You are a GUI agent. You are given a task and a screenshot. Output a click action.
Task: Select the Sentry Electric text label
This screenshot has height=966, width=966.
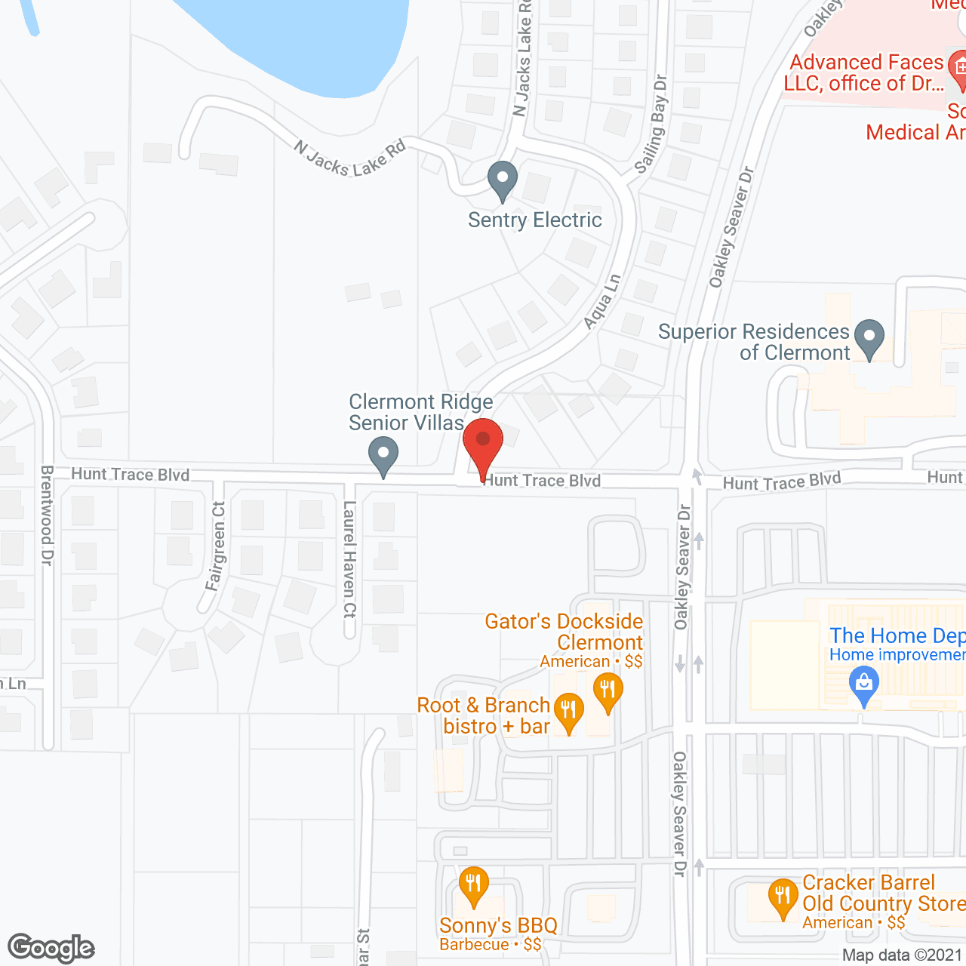(534, 220)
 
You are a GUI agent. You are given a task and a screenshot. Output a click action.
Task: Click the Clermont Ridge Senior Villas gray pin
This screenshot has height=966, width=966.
(383, 455)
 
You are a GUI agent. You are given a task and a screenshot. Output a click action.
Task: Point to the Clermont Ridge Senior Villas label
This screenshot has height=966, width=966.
(420, 412)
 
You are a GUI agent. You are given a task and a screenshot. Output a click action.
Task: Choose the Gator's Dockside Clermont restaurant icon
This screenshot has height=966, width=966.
(607, 691)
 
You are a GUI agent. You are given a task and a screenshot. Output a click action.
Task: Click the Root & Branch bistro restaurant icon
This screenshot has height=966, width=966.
(568, 710)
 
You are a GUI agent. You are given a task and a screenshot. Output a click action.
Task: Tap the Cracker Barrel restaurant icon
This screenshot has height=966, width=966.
(783, 896)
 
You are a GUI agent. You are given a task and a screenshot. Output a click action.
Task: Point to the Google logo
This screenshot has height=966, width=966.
(51, 948)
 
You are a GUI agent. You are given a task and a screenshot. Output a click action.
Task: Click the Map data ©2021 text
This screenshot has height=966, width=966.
(903, 955)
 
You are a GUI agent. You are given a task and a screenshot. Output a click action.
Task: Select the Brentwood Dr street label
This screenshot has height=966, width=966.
(47, 515)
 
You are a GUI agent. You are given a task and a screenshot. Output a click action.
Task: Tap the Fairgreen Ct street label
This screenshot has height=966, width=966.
(217, 546)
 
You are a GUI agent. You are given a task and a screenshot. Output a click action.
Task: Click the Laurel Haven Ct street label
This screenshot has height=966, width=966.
(349, 559)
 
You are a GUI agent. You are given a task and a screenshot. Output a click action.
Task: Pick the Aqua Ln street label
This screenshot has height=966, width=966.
(602, 302)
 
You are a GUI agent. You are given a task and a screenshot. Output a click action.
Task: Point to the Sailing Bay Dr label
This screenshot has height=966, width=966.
(651, 125)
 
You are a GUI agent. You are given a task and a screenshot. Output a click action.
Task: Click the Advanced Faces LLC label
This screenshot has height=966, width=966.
(866, 72)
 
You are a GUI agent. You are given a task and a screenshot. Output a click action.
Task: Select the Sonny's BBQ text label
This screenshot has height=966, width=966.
(498, 926)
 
